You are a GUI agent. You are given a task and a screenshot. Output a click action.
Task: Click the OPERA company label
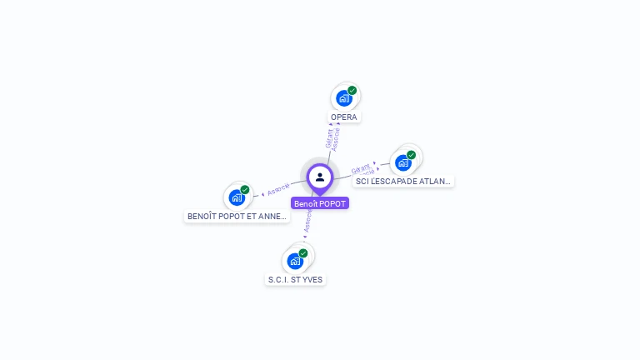(x=343, y=117)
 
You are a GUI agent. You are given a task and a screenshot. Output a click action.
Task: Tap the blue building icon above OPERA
(x=343, y=98)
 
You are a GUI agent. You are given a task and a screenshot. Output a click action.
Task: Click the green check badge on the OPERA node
(x=352, y=90)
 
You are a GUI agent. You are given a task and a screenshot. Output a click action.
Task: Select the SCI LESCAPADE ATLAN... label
(x=403, y=181)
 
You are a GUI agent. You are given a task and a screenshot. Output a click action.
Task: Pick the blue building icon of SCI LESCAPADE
(x=403, y=162)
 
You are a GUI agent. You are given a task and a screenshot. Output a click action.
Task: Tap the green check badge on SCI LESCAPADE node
(x=412, y=154)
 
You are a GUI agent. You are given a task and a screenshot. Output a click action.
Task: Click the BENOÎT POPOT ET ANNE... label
(x=237, y=217)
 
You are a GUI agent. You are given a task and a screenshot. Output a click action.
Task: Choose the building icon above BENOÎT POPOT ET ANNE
(x=237, y=198)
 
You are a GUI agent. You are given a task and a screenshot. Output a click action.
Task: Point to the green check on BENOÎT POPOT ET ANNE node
(x=245, y=189)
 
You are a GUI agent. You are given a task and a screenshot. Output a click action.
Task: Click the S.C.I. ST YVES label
(x=295, y=280)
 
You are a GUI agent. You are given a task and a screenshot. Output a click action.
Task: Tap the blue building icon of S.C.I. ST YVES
(x=295, y=261)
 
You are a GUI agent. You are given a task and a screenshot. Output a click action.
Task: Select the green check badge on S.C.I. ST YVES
(x=303, y=252)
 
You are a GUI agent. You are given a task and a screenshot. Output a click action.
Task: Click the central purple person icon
(x=320, y=177)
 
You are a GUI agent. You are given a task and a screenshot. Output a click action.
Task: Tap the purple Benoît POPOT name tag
(x=320, y=203)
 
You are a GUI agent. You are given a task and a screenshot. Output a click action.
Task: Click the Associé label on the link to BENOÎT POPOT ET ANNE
(x=278, y=189)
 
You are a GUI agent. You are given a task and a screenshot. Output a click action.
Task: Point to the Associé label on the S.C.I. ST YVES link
(x=307, y=221)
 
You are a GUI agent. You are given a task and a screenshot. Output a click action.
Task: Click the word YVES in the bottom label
(x=312, y=280)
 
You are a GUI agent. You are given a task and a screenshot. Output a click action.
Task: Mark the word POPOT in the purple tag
(x=332, y=203)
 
